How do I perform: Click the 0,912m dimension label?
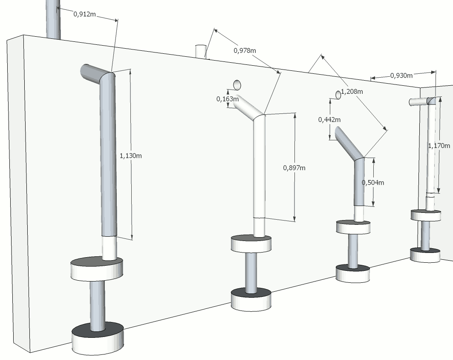click(x=85, y=14)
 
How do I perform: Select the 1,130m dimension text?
click(x=131, y=156)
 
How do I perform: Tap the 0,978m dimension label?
click(x=245, y=50)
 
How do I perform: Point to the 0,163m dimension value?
click(x=227, y=99)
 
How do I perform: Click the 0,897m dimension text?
click(x=294, y=168)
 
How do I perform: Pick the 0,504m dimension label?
click(x=373, y=183)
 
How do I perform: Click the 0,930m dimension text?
click(x=401, y=75)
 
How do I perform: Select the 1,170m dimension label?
click(x=439, y=145)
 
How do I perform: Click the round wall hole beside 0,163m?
click(x=237, y=84)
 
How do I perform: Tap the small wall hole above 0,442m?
click(x=338, y=95)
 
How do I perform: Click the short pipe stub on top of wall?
click(x=200, y=51)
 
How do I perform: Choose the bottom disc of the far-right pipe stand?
click(x=425, y=254)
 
